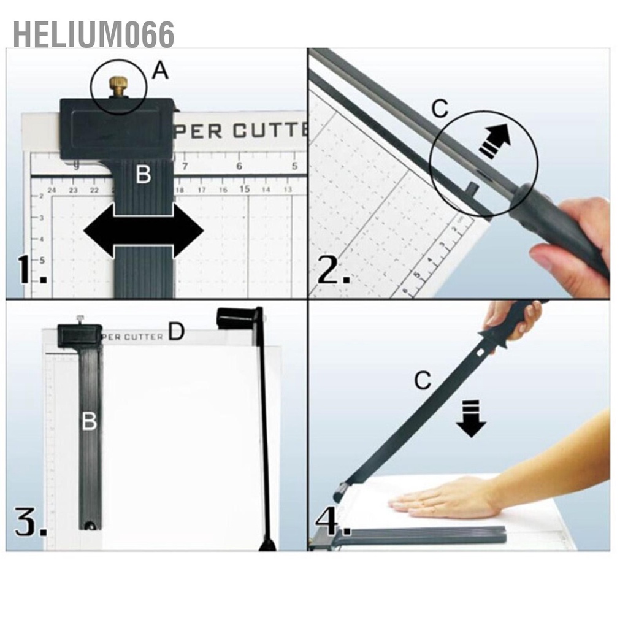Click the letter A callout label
159,72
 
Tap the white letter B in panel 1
143,175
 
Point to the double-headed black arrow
143,231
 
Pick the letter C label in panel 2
440,109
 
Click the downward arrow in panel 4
471,418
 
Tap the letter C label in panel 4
423,381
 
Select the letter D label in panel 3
176,332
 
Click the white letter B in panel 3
90,421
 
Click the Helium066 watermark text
93,35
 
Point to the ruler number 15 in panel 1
244,189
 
